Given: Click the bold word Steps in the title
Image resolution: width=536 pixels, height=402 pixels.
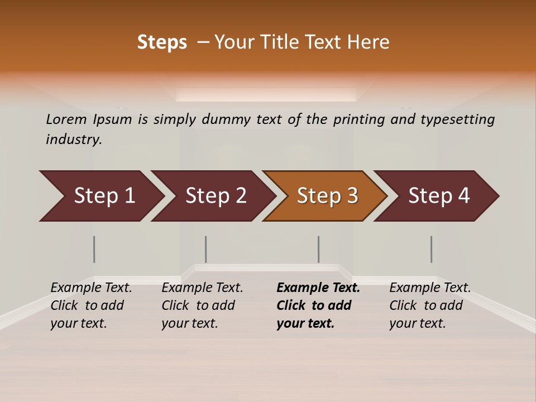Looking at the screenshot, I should pos(162,42).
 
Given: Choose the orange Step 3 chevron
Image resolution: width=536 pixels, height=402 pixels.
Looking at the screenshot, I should pos(327,196).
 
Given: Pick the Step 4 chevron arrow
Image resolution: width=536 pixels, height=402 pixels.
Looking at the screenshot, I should pos(438,196).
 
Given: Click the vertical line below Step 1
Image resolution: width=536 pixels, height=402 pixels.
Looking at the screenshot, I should pos(94,249).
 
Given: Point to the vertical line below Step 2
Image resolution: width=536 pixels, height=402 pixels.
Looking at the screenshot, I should pos(206,249).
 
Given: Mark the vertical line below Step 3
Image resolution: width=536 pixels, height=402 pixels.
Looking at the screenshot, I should pos(318,249).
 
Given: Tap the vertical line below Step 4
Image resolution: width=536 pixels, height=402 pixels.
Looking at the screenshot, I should pos(431,249).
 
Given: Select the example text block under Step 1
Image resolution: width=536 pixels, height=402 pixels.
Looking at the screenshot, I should pos(91,305).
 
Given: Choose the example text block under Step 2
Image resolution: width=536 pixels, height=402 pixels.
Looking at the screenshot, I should pos(202,305).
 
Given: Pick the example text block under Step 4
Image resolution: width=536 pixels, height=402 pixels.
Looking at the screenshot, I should pos(430,305).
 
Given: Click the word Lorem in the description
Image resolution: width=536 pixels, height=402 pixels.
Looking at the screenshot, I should pos(66,119).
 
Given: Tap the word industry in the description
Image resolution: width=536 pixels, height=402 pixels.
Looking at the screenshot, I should pos(74,139).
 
